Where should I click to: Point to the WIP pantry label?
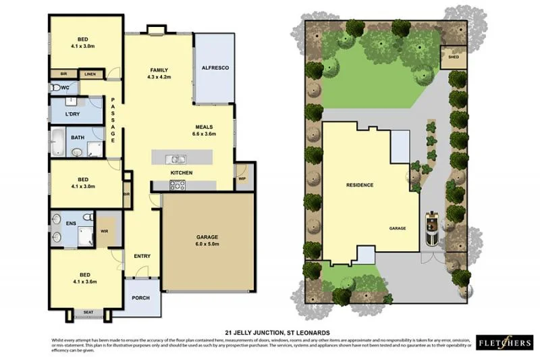[x=242, y=179]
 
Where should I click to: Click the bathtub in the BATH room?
[x=58, y=143]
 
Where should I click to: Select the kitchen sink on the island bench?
[x=178, y=160]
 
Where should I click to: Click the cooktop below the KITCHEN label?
[x=177, y=185]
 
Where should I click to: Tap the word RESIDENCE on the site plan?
[x=360, y=184]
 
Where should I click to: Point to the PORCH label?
[x=140, y=298]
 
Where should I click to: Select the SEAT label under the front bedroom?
[x=88, y=312]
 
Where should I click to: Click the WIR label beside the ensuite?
[x=103, y=231]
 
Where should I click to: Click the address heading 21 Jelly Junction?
[x=277, y=332]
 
